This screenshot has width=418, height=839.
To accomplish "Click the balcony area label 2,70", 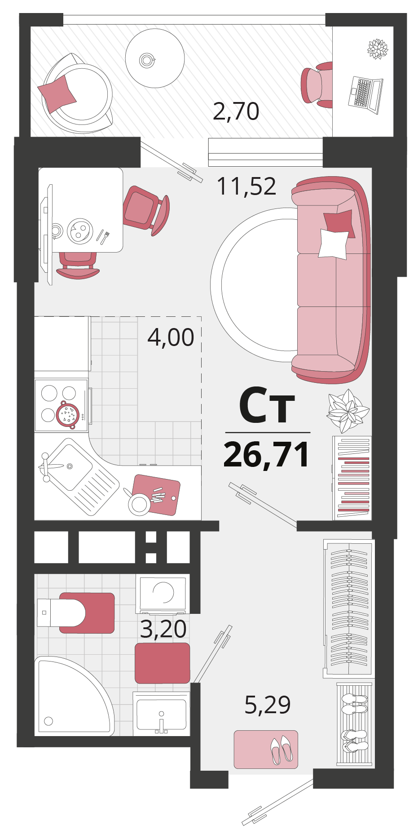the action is click(x=236, y=111).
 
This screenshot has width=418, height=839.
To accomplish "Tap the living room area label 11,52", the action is click(x=246, y=186).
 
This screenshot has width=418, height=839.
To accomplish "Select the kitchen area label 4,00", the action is click(x=171, y=337).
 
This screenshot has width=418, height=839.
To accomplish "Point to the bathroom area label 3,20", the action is click(x=163, y=629).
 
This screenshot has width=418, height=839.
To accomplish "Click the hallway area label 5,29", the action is click(x=268, y=704).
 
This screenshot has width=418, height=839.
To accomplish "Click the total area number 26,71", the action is click(x=267, y=455).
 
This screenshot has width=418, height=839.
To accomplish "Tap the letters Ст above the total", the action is click(x=267, y=406).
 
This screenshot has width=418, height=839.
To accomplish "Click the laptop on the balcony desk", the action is click(x=365, y=95).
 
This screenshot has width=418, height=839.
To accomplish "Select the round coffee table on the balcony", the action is click(x=155, y=58).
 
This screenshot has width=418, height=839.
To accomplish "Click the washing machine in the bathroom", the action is click(x=163, y=594).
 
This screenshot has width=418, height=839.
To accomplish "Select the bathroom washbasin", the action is click(x=161, y=714).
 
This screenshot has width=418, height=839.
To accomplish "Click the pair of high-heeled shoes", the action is click(x=282, y=749).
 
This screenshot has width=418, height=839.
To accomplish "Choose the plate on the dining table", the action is click(x=80, y=231).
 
